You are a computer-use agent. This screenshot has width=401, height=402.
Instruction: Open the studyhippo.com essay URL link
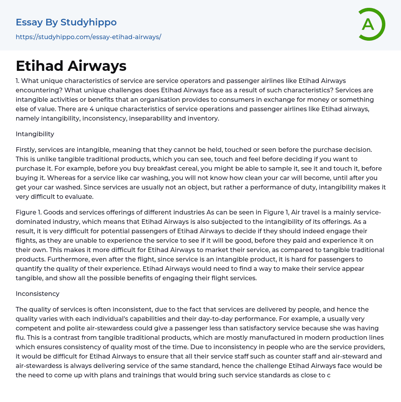pos(89,37)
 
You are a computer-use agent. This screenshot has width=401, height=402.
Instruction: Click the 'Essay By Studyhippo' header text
pos(66,22)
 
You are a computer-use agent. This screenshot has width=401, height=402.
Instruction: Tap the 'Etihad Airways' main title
pos(71,66)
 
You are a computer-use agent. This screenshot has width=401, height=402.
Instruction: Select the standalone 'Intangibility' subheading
pos(35,134)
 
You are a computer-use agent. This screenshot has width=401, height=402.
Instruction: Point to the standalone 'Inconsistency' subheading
pos(38,294)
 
